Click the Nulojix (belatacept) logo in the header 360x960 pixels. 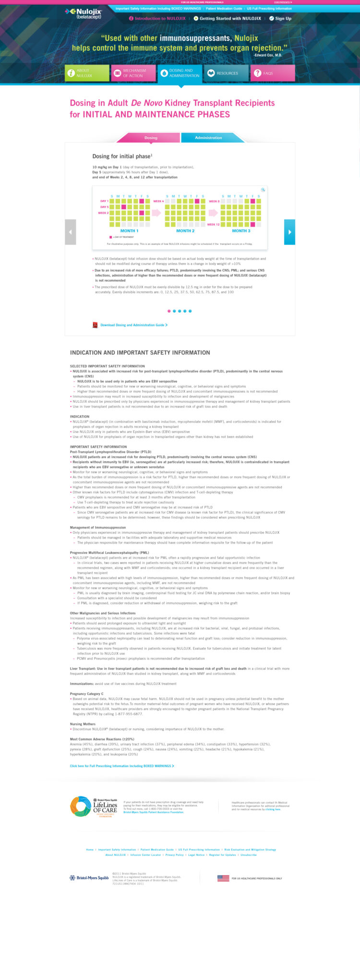pyautogui.click(x=82, y=13)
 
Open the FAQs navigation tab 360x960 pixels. pyautogui.click(x=272, y=73)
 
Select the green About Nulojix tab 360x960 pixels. pyautogui.click(x=87, y=73)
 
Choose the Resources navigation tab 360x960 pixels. pyautogui.click(x=226, y=73)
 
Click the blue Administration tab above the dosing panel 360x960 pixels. pyautogui.click(x=208, y=138)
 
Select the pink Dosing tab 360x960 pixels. pyautogui.click(x=151, y=138)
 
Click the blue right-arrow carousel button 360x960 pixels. pyautogui.click(x=289, y=232)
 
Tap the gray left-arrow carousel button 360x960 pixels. pyautogui.click(x=71, y=232)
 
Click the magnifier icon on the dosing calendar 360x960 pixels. pyautogui.click(x=263, y=190)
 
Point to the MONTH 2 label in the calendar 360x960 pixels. pyautogui.click(x=185, y=231)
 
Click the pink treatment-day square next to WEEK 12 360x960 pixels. pyautogui.click(x=253, y=224)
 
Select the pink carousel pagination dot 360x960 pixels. pyautogui.click(x=169, y=311)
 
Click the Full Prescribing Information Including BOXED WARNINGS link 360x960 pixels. pyautogui.click(x=122, y=766)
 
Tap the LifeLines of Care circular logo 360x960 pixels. pyautogui.click(x=81, y=807)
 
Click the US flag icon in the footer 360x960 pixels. pyautogui.click(x=223, y=878)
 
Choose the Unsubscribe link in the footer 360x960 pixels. pyautogui.click(x=249, y=855)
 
